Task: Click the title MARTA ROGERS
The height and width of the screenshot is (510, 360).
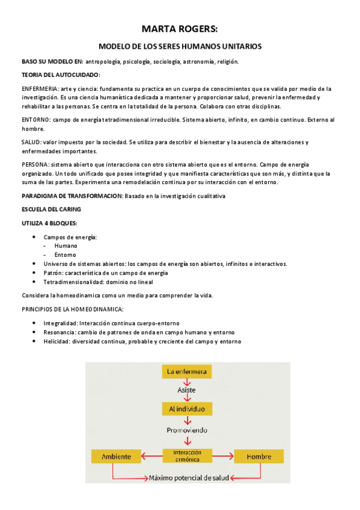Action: [180, 28]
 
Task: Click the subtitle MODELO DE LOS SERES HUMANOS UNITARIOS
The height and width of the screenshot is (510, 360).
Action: [180, 46]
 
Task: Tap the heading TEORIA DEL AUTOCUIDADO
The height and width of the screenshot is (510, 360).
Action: [61, 75]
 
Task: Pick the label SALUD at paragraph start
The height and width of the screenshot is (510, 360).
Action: [31, 143]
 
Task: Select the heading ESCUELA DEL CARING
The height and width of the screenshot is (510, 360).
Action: [51, 209]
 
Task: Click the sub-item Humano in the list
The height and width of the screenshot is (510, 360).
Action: [66, 245]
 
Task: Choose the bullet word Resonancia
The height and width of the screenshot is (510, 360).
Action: [59, 332]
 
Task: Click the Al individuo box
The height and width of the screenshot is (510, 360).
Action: [187, 409]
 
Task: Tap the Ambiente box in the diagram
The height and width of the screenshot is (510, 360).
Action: [116, 456]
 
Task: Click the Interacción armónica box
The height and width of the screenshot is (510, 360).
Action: [187, 456]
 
